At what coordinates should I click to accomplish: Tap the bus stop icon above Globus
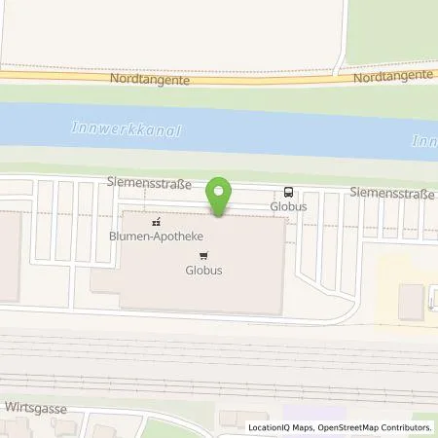[x=289, y=193]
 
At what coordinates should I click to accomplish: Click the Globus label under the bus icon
[x=289, y=206]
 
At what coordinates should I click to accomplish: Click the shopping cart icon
[x=202, y=256]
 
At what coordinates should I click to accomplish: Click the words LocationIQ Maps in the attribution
[x=277, y=427]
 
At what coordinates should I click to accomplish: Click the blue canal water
[x=243, y=131]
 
